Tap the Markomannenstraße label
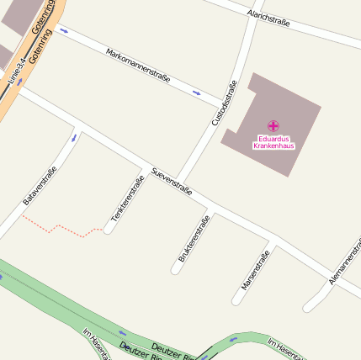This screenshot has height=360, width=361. (138, 65)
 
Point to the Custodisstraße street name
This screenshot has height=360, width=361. (226, 103)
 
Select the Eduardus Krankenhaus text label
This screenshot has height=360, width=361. (274, 142)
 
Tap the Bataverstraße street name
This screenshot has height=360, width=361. (40, 186)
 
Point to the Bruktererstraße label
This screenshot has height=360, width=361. (194, 239)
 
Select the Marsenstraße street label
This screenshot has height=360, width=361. (255, 269)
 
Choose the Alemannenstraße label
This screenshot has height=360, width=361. (344, 261)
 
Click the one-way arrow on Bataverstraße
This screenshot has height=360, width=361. (74, 136)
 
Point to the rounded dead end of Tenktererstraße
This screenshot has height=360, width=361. (109, 229)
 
